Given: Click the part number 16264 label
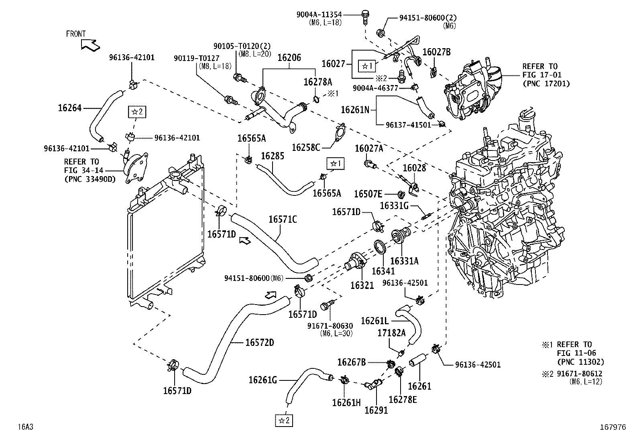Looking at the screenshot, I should [x=69, y=108].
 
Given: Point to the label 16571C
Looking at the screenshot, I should [x=283, y=219].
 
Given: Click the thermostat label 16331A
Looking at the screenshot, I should [x=404, y=261].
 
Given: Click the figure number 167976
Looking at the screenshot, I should [x=613, y=427].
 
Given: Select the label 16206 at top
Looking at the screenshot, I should [x=289, y=57].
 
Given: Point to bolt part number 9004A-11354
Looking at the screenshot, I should [x=319, y=15].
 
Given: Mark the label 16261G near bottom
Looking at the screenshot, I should [x=263, y=380].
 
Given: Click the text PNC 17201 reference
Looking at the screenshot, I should [x=546, y=83].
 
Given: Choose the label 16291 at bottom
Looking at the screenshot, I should [x=376, y=411].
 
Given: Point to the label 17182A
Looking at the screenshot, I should [x=391, y=333].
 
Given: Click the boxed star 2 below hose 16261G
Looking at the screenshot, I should [x=283, y=420].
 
